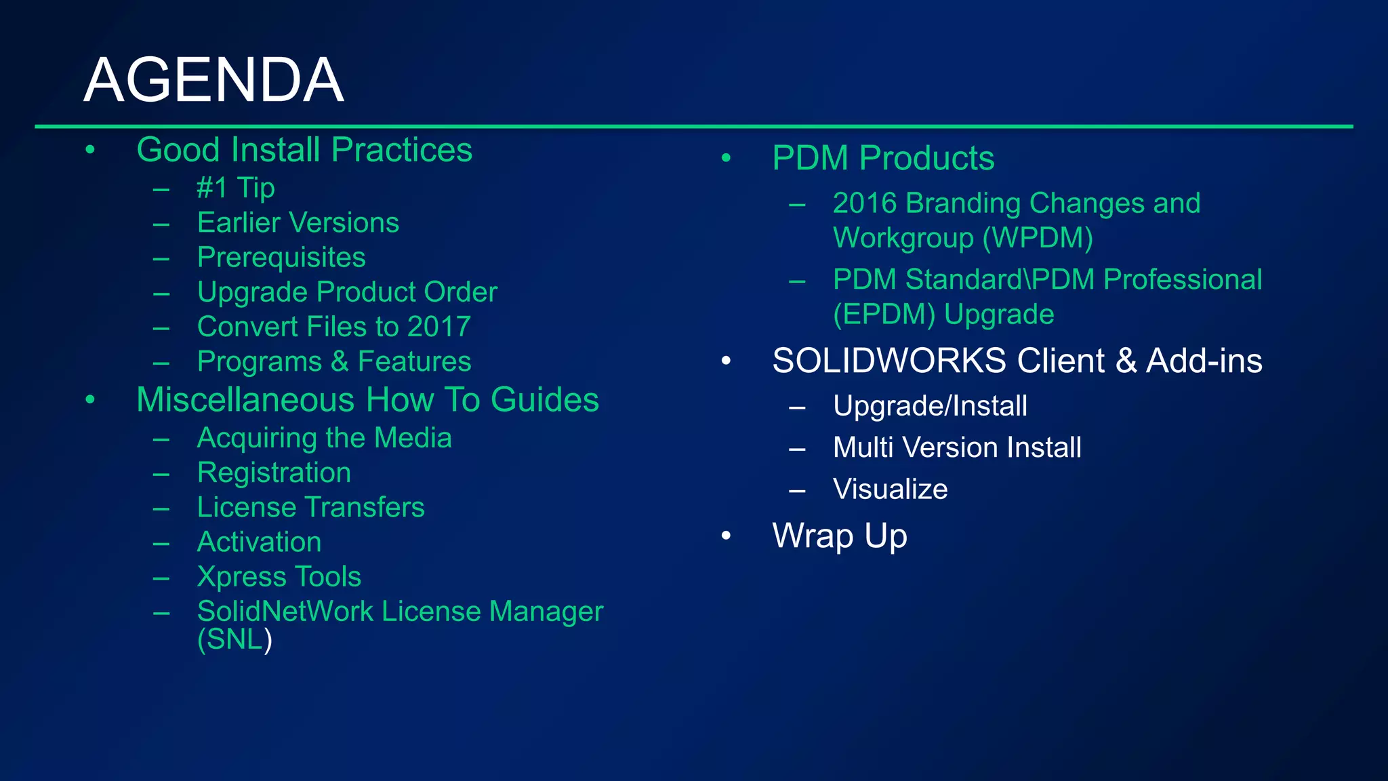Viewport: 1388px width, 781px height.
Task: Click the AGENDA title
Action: (x=213, y=80)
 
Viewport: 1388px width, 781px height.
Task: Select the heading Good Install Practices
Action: (x=304, y=150)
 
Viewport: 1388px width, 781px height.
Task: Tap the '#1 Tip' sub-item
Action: (x=235, y=188)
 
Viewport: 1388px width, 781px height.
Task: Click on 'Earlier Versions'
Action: (x=298, y=223)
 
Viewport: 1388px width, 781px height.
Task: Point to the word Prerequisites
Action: (x=281, y=258)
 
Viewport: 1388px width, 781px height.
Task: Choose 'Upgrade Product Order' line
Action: (x=347, y=292)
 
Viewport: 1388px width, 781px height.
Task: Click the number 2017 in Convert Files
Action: (x=438, y=327)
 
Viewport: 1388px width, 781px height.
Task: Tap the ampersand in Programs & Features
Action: (x=340, y=361)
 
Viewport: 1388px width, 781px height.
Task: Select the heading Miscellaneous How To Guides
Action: (x=367, y=399)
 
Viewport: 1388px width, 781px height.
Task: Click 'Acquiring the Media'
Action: (x=324, y=438)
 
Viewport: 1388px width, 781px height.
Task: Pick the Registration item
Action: (x=274, y=473)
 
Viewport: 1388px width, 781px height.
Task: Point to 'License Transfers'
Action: (x=310, y=507)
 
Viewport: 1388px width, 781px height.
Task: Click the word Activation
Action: (x=259, y=542)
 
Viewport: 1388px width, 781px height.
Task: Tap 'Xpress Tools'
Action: (x=279, y=577)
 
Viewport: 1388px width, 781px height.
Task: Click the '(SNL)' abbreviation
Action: (x=234, y=639)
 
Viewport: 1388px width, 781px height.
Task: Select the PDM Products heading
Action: (x=883, y=159)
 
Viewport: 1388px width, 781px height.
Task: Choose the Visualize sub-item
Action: (x=890, y=489)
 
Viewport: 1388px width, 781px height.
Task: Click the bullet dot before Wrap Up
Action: (x=727, y=536)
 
